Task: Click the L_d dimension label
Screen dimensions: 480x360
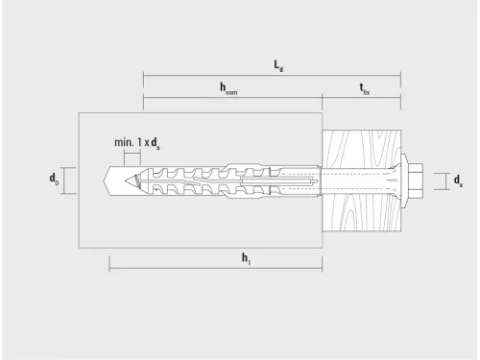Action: pyautogui.click(x=278, y=66)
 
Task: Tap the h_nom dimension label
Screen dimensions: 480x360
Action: pyautogui.click(x=228, y=88)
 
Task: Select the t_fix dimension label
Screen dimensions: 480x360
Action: pyautogui.click(x=364, y=88)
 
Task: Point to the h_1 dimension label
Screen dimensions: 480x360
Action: pyautogui.click(x=246, y=258)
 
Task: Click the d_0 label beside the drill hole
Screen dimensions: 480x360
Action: pyautogui.click(x=54, y=179)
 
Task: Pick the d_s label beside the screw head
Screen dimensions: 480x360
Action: pyautogui.click(x=458, y=180)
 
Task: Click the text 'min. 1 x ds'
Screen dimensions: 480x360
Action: pyautogui.click(x=137, y=142)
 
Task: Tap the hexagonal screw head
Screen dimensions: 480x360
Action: pyautogui.click(x=415, y=180)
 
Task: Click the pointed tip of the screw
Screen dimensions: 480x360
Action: pyautogui.click(x=126, y=180)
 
